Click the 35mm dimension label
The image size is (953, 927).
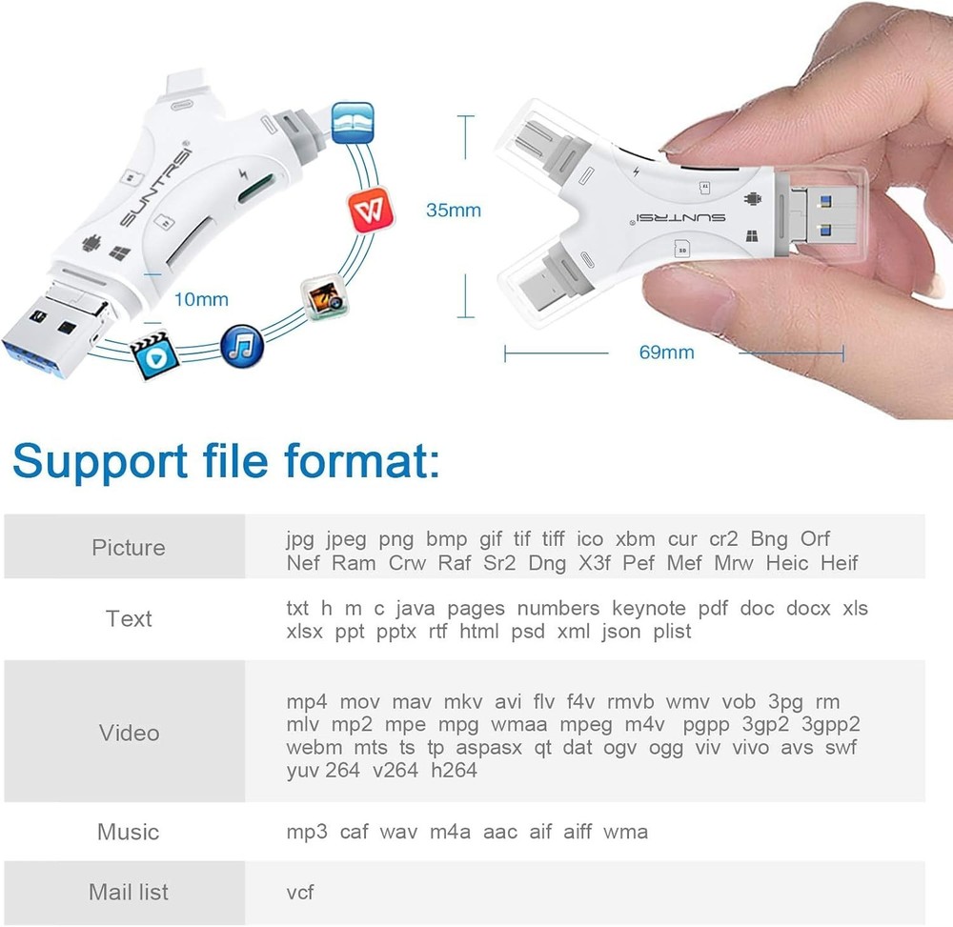click(453, 210)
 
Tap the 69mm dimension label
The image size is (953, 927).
click(666, 353)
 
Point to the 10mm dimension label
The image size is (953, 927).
click(201, 299)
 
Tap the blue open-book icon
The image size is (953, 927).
click(352, 124)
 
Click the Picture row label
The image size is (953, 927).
click(128, 548)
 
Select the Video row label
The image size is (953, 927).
click(129, 733)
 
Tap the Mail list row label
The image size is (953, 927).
click(128, 892)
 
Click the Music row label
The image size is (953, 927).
click(128, 832)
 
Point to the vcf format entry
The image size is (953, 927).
click(300, 892)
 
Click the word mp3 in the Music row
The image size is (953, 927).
click(307, 832)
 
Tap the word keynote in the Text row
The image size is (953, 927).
click(648, 608)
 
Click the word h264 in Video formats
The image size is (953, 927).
click(454, 770)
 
